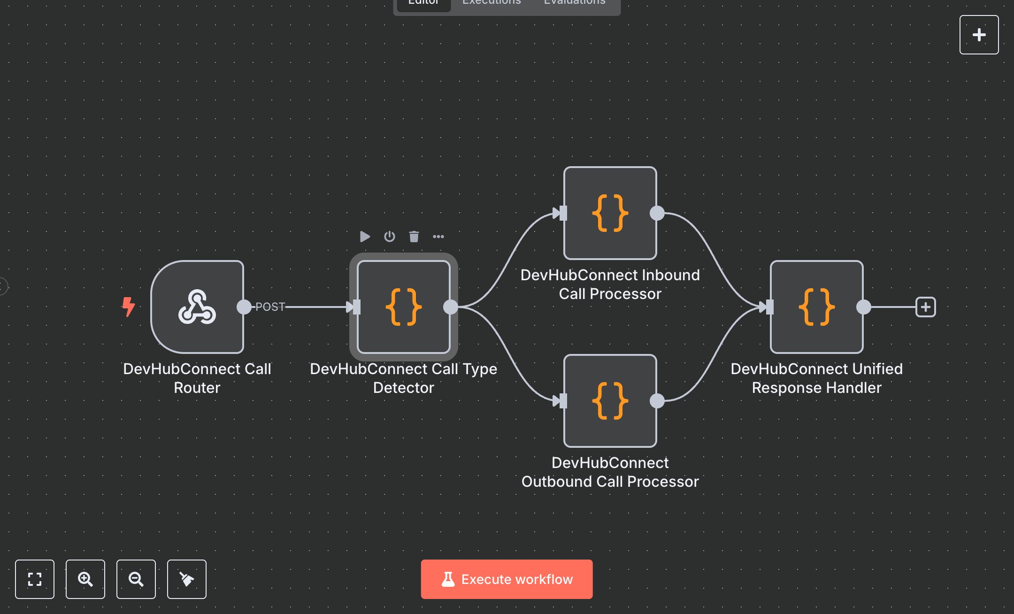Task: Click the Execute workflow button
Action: tap(507, 579)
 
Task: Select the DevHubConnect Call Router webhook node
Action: tap(197, 307)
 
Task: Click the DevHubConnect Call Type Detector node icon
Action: tap(404, 307)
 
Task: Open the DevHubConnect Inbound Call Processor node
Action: tap(610, 213)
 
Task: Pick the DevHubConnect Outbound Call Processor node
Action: tap(610, 401)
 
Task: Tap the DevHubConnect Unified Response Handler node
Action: tap(816, 307)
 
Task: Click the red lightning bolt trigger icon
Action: tap(128, 307)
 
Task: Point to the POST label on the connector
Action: tap(270, 307)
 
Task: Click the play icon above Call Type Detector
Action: tap(365, 237)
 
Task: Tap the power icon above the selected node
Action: tap(390, 237)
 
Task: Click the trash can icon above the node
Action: tap(414, 237)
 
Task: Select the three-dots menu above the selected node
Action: tap(438, 237)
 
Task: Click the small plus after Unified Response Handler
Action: tap(925, 307)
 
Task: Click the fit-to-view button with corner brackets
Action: tap(35, 579)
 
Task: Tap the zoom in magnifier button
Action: tap(85, 579)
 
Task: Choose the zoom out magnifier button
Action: tap(136, 579)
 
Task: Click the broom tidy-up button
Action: tap(187, 579)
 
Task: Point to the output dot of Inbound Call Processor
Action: tap(657, 213)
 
